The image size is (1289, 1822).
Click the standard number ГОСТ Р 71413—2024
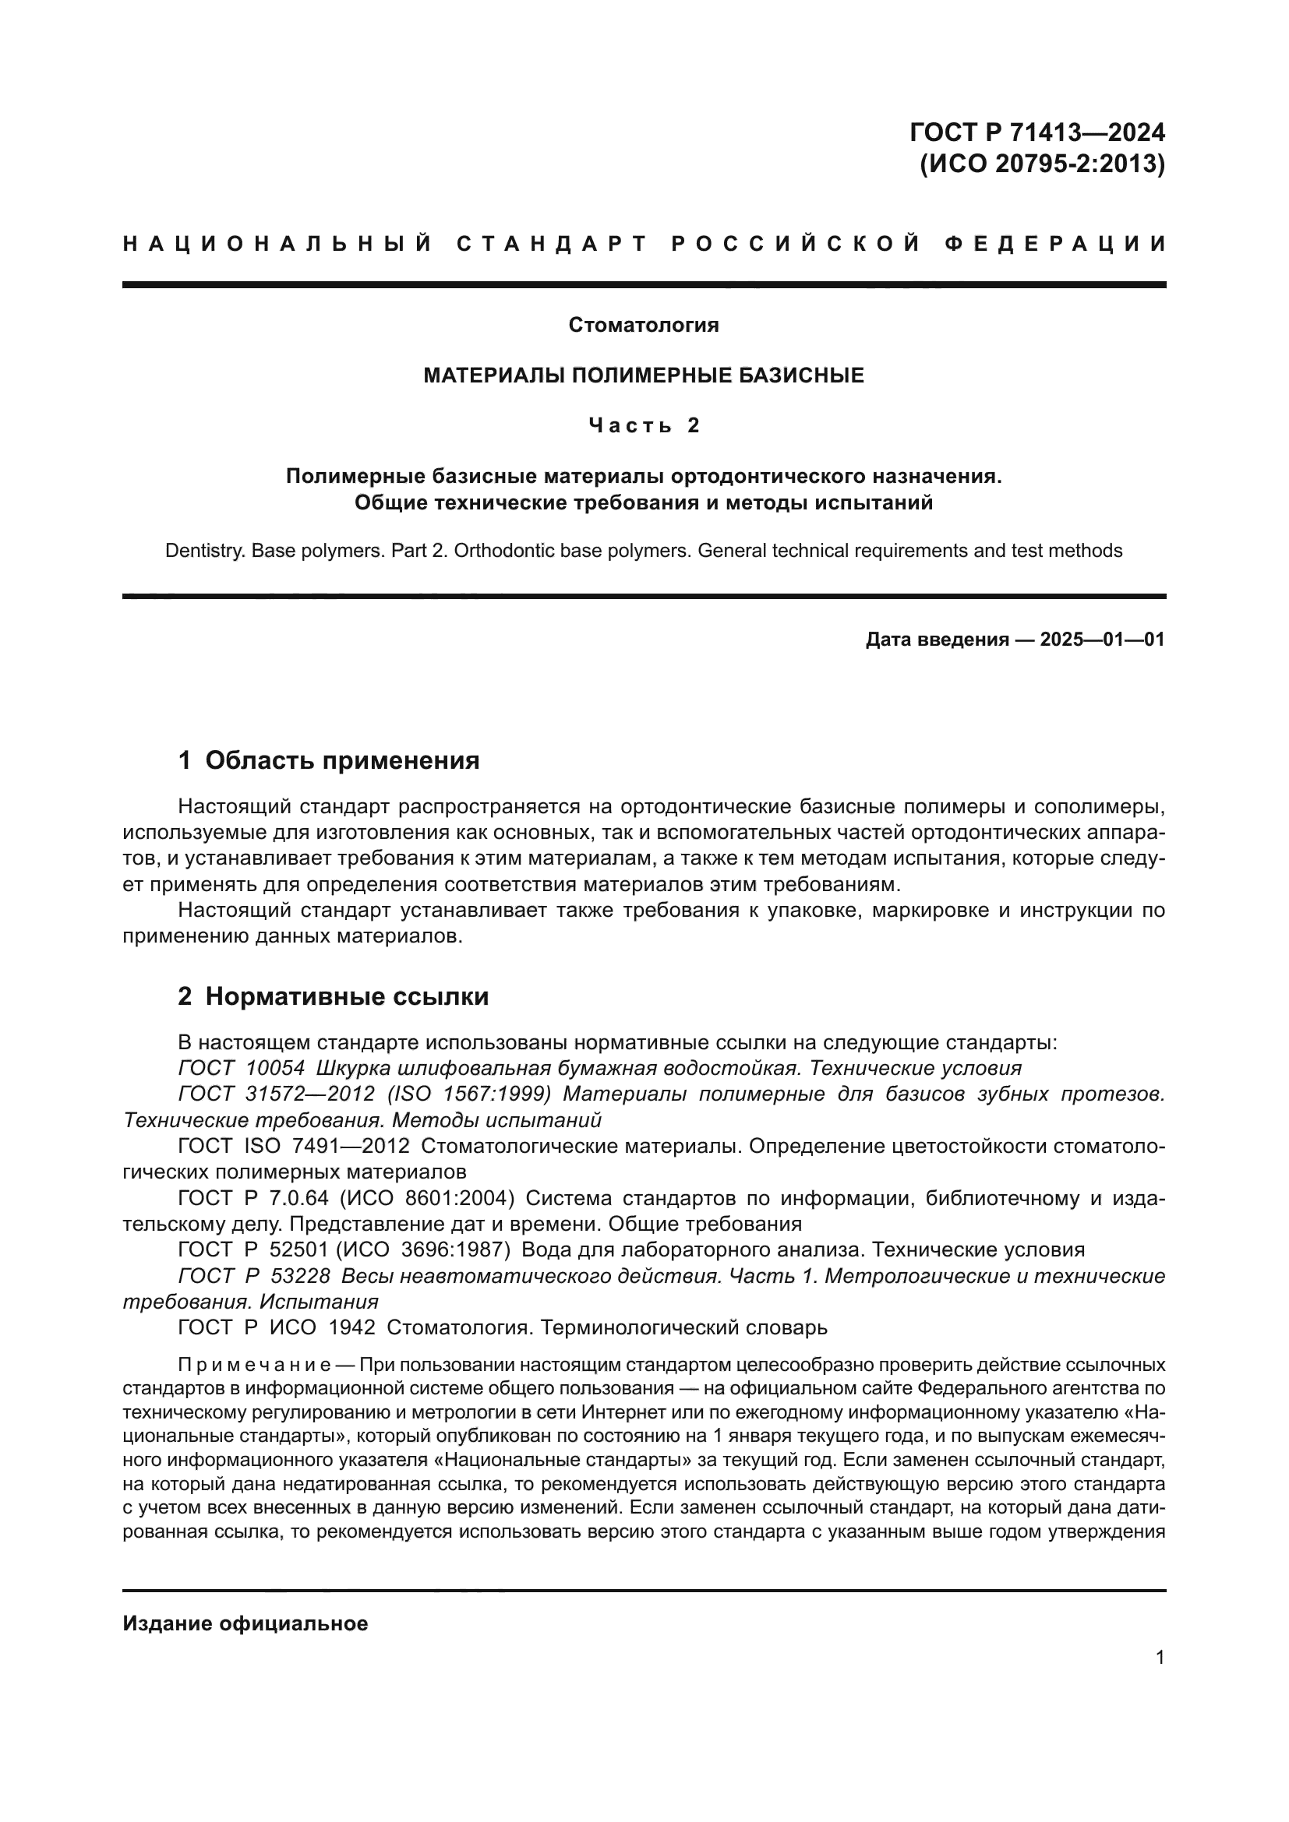pos(1037,131)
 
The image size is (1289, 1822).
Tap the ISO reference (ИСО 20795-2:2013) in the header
pos(1042,164)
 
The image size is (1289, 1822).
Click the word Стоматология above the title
pos(644,325)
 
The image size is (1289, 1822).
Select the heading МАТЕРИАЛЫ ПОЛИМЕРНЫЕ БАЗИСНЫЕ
pos(644,375)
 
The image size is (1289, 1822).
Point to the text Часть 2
pos(644,426)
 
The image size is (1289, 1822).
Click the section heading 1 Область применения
pos(329,760)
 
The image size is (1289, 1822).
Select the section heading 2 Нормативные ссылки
pos(334,997)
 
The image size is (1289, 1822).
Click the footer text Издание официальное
pos(245,1623)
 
